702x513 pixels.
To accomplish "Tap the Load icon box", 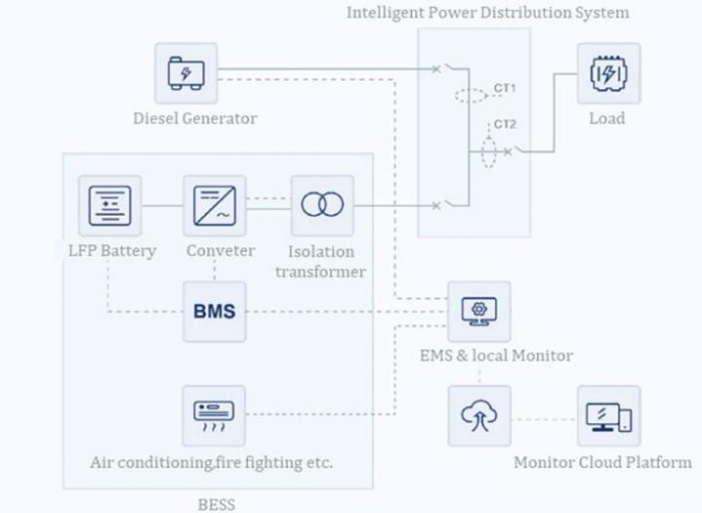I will (607, 73).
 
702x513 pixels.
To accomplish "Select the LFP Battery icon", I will (109, 205).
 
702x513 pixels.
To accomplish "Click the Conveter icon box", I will (214, 205).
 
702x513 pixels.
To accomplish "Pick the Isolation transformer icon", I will (322, 205).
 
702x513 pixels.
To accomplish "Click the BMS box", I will (214, 312).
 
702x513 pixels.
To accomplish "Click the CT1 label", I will (505, 88).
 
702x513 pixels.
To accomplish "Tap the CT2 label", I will (505, 124).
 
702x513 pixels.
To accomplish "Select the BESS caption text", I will (217, 504).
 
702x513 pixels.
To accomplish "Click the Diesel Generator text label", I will (195, 119).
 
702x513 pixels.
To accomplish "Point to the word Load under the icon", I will (607, 118).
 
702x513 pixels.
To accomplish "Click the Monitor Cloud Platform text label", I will (602, 462).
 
